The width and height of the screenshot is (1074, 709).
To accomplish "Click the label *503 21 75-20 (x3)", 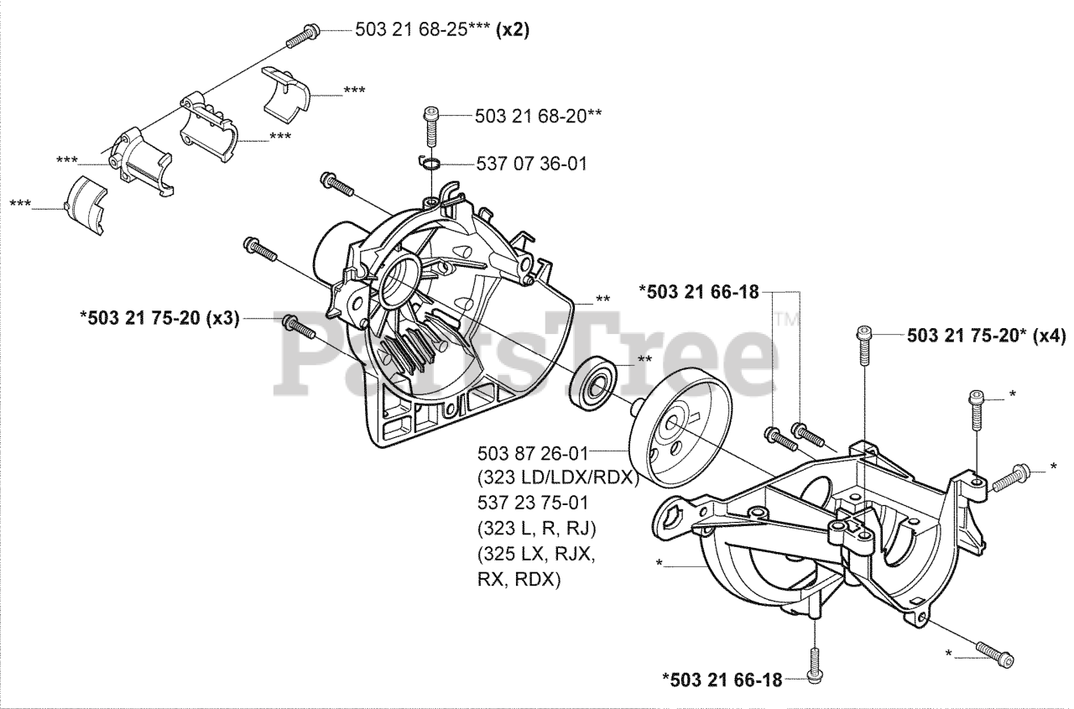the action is [x=159, y=319].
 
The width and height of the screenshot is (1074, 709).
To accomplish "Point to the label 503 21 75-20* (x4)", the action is [x=986, y=336].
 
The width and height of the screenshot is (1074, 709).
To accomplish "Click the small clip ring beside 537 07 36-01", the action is [x=430, y=162].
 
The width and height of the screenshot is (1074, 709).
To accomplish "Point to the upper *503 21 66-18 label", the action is [x=699, y=292].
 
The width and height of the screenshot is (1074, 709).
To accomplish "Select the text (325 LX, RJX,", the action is [x=531, y=555].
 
